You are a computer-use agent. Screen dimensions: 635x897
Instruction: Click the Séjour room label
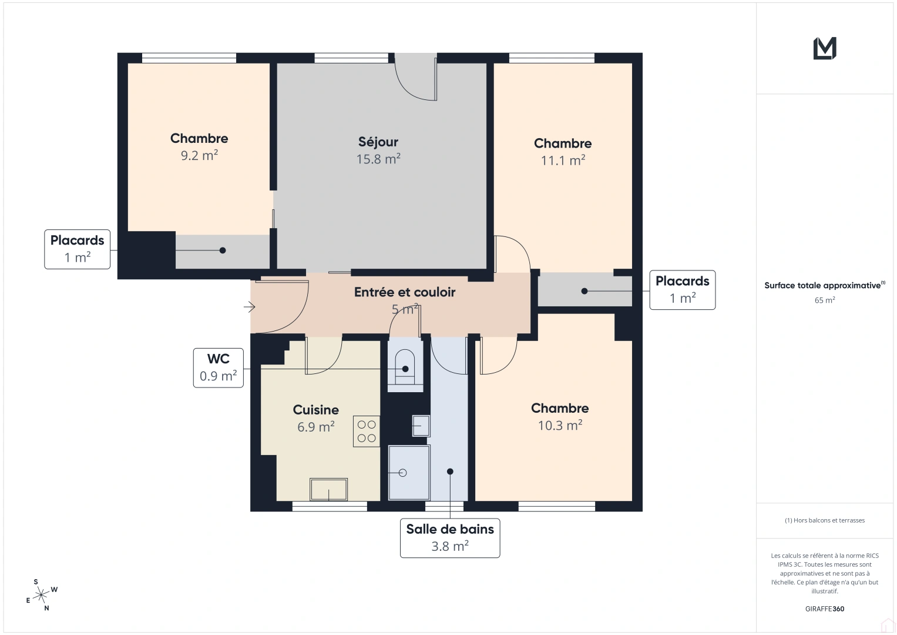378,142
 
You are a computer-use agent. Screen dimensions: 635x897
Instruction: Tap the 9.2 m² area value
199,156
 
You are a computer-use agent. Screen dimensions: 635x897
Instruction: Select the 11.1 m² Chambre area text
563,161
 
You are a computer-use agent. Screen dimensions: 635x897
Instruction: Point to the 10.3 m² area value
560,425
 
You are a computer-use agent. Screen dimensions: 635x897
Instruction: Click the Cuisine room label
315,410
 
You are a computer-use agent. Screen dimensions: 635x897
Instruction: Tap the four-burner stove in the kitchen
367,431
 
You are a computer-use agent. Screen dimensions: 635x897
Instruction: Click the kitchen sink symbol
328,489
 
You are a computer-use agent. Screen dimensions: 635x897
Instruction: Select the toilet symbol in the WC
405,366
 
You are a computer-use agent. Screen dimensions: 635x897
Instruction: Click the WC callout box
218,367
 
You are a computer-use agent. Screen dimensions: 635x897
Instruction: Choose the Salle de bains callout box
450,537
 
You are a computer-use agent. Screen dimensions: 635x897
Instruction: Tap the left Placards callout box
77,249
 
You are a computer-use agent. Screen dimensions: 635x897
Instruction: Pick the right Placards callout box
682,290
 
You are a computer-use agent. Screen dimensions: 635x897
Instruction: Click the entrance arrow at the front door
250,307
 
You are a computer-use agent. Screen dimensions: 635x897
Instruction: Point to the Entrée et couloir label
404,292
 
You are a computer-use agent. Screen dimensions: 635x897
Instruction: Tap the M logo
825,48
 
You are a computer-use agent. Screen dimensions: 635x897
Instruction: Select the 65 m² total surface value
825,300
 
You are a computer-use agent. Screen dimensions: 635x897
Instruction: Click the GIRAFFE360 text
825,609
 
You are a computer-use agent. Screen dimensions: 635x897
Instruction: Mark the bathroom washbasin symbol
421,425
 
